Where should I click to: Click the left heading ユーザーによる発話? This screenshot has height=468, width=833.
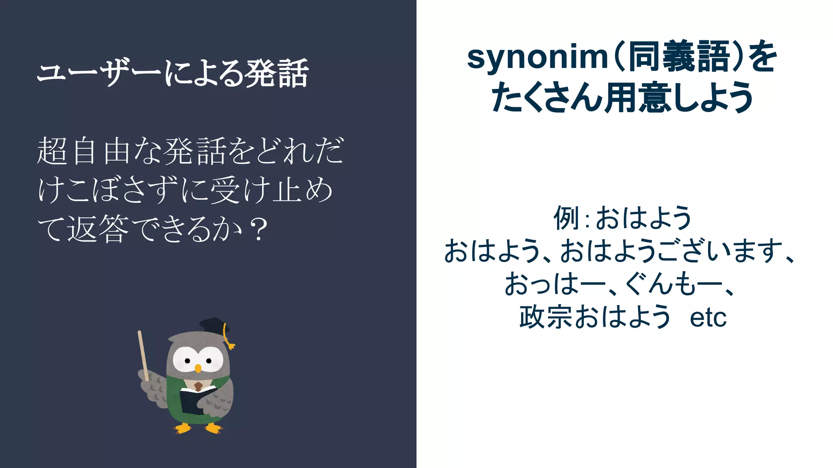coord(172,73)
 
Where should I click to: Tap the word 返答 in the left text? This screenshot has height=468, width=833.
coord(98,229)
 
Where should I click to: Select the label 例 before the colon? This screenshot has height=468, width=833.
coord(566,218)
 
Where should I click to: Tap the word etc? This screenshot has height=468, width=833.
coord(708,318)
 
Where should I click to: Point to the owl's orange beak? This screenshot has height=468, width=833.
coord(198,368)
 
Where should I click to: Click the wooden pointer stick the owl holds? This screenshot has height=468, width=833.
coord(143,353)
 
